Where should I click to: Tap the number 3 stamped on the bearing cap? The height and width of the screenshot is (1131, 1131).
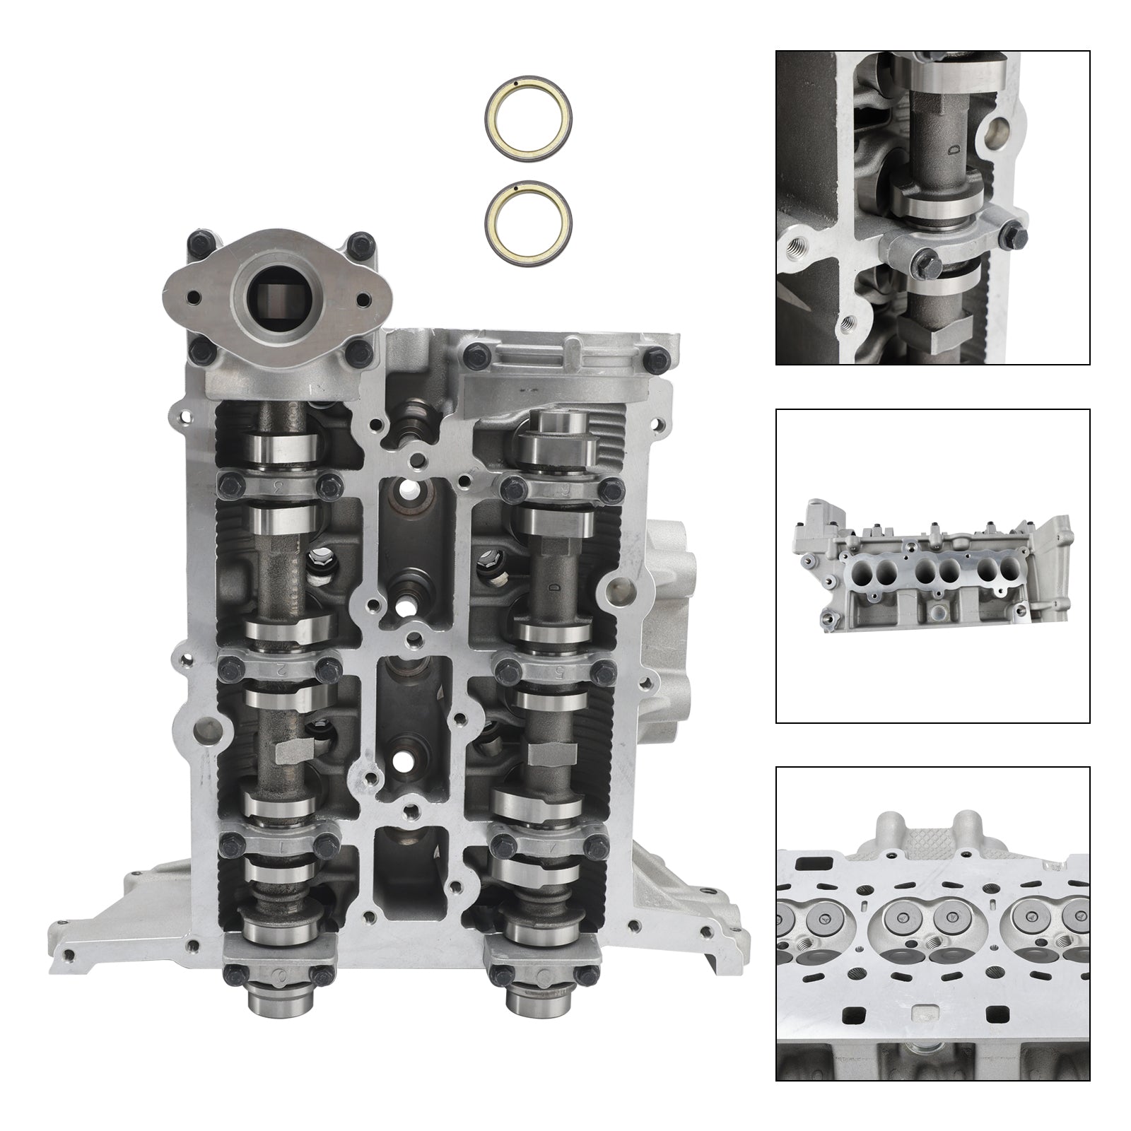pos(278,486)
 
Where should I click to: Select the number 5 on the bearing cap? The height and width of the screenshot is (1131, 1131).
pos(558,672)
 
